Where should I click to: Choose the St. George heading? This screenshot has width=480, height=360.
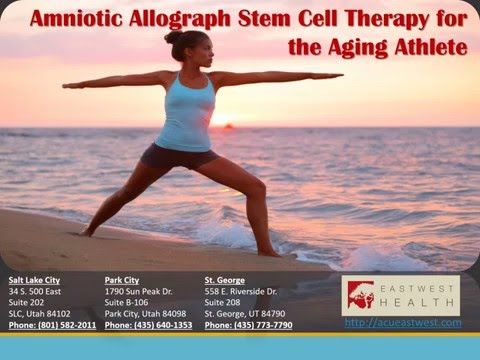click(226, 280)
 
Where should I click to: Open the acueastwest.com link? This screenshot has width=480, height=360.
click(403, 323)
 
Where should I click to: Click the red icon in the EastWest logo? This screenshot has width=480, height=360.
click(359, 296)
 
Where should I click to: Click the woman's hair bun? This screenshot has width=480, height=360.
click(173, 37)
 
